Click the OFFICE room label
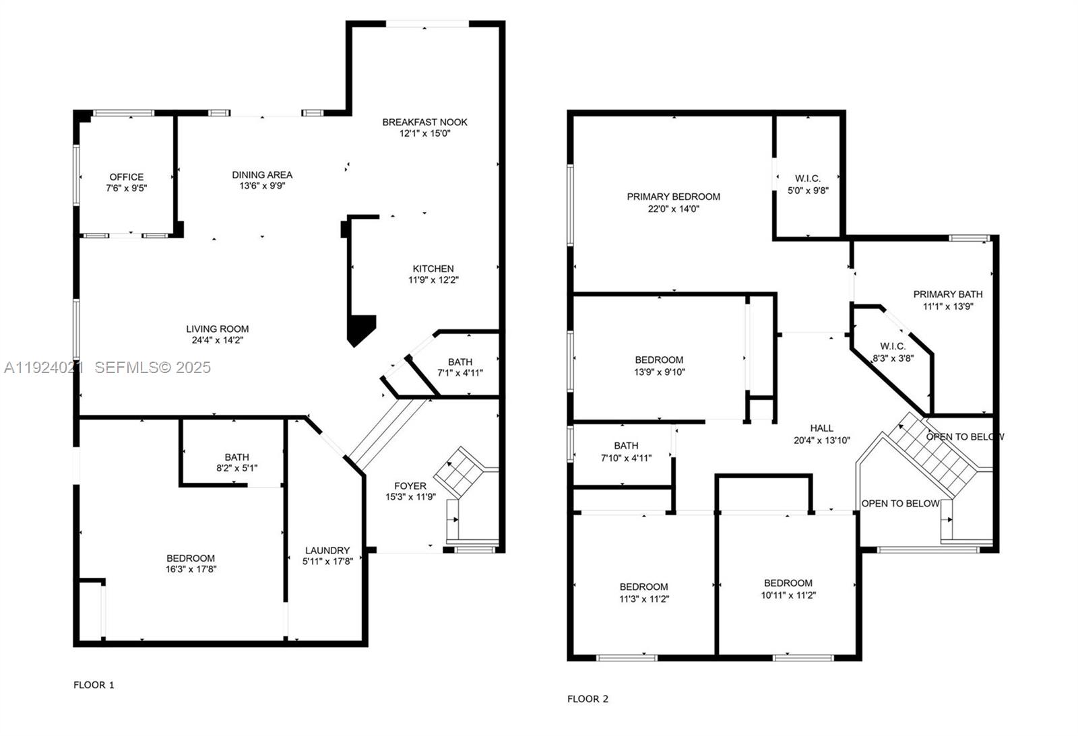tap(127, 177)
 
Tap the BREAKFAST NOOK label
tap(424, 122)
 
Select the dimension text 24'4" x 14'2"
tap(217, 340)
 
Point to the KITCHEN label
tap(433, 268)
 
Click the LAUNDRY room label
tap(327, 549)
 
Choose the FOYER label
tap(410, 486)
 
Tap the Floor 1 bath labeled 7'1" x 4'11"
tap(460, 362)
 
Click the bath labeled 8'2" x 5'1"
tap(237, 457)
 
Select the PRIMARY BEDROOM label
tap(673, 197)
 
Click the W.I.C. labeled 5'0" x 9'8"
tap(808, 178)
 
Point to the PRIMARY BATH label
tap(947, 294)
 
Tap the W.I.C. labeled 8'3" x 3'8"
tap(893, 346)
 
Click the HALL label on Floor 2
tap(821, 428)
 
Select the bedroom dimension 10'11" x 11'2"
tap(788, 595)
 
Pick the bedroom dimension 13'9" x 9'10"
tap(660, 371)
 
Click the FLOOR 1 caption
tap(94, 685)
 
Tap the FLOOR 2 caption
tap(588, 699)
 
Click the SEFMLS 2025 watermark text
tap(152, 367)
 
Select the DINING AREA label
tap(262, 174)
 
